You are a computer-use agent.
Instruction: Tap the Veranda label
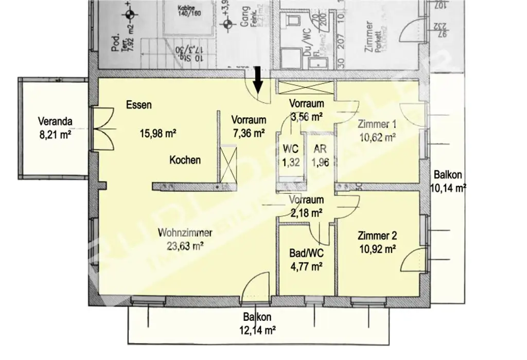click(55, 122)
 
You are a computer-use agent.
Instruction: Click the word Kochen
click(185, 160)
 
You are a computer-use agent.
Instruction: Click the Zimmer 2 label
click(377, 236)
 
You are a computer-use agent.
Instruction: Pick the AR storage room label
click(319, 150)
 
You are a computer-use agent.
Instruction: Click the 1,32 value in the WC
click(290, 164)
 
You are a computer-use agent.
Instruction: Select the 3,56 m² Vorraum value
click(306, 116)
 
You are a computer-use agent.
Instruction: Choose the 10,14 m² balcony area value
click(448, 188)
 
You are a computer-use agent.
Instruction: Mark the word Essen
click(138, 105)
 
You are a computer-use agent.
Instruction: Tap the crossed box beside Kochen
click(227, 163)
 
